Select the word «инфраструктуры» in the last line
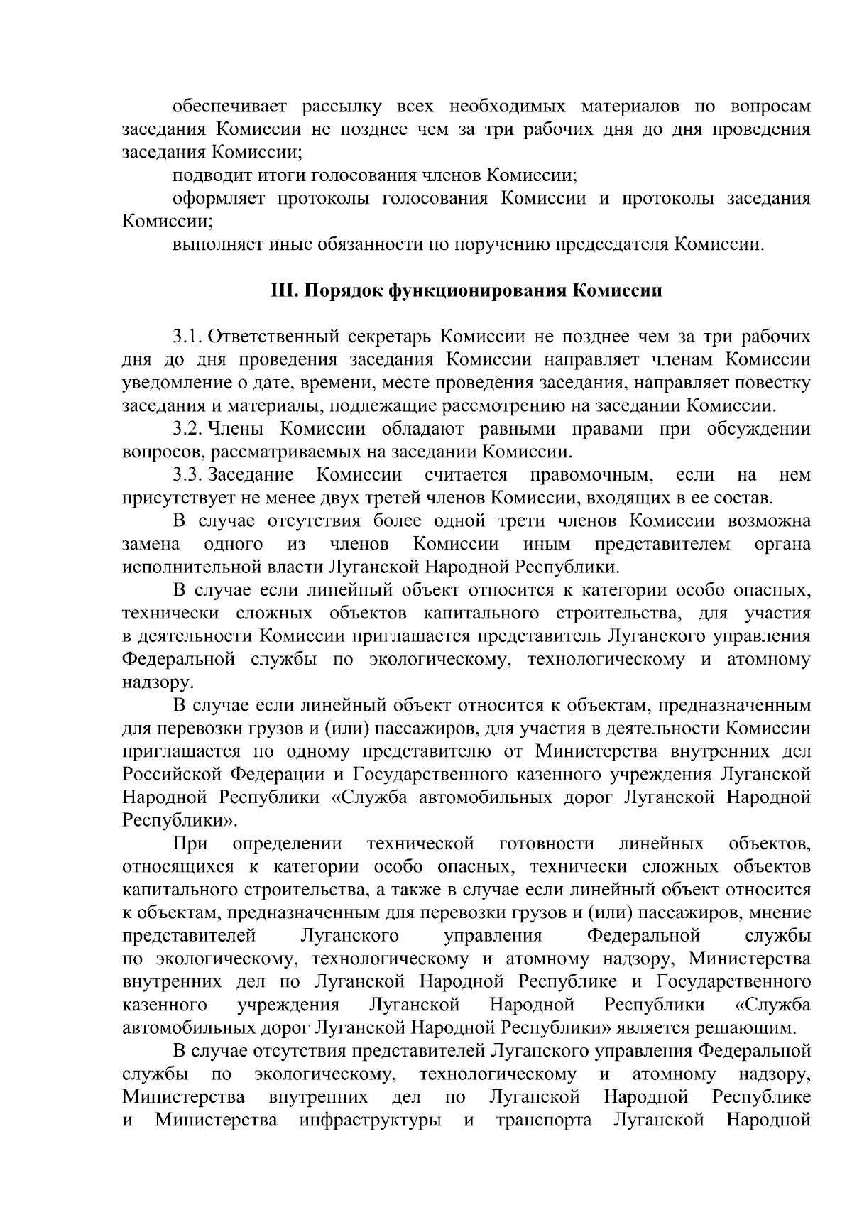click(x=366, y=1121)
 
